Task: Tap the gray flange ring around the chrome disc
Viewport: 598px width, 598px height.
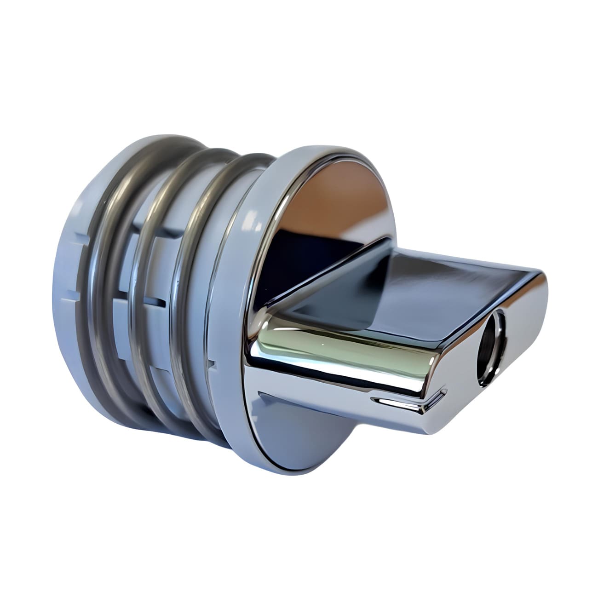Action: point(239,294)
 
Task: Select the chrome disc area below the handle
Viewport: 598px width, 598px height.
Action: point(294,423)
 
